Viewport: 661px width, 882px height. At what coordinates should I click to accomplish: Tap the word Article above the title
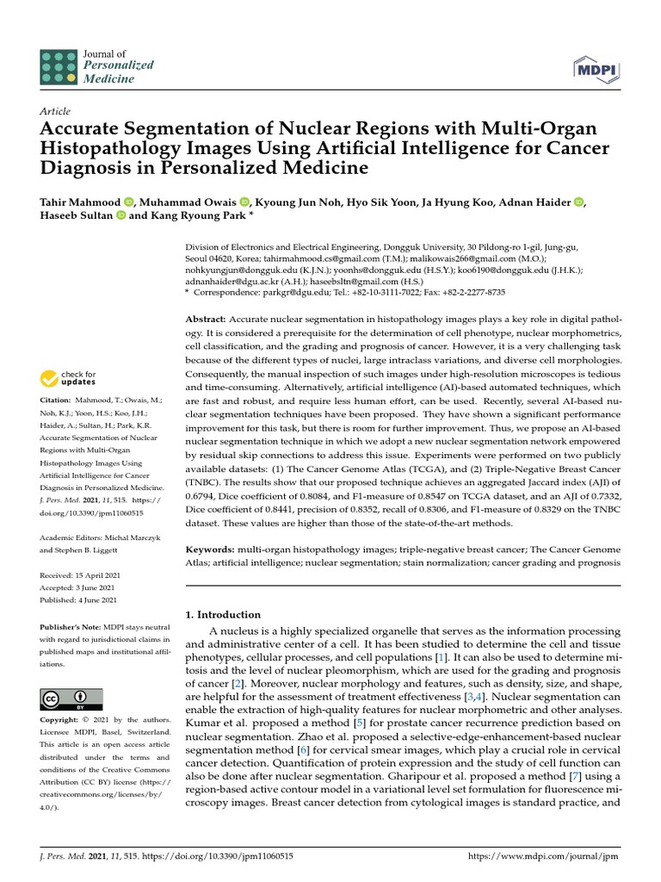(55, 112)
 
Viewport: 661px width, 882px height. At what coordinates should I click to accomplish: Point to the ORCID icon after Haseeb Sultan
(120, 216)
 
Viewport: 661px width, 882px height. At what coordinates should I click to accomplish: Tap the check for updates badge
(69, 378)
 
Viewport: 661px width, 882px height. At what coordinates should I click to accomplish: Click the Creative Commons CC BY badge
(71, 699)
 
